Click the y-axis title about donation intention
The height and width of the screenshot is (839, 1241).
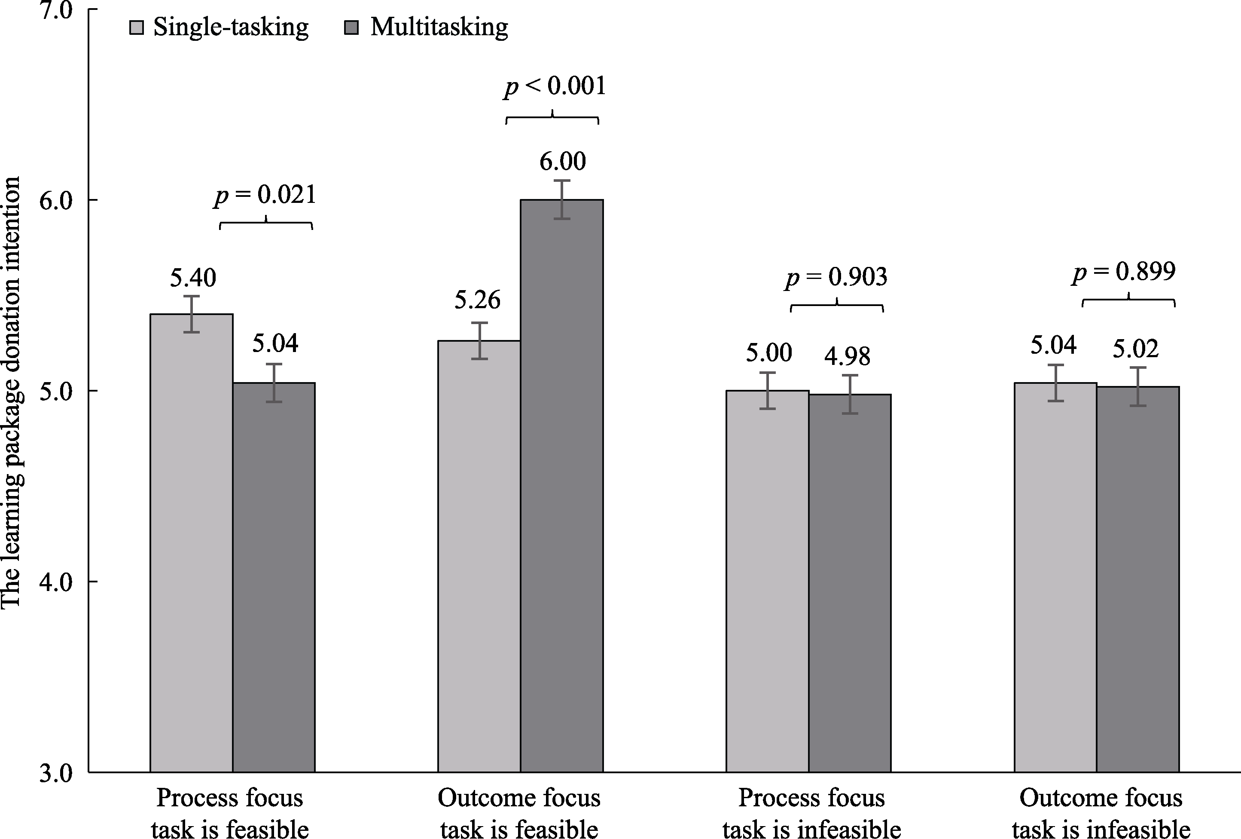pos(12,393)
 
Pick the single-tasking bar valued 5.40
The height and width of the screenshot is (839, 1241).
pos(191,542)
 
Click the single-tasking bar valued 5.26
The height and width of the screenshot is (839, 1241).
pos(479,556)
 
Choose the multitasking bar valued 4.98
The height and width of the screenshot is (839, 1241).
pos(850,582)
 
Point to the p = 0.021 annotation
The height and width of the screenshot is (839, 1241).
pos(265,195)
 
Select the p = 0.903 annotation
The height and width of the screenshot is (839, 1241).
pos(836,277)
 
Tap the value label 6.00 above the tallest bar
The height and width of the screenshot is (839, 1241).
pos(562,161)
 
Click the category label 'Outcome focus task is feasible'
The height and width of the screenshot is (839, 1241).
pos(519,813)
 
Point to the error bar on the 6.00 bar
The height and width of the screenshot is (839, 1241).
pos(562,199)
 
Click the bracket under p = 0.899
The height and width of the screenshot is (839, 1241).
pos(1128,301)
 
